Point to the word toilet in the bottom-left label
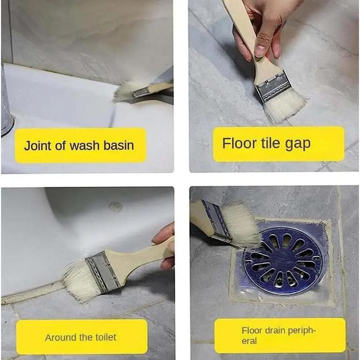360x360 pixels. (104, 337)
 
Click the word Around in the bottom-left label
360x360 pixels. (61, 337)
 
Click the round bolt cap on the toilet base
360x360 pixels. (116, 207)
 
